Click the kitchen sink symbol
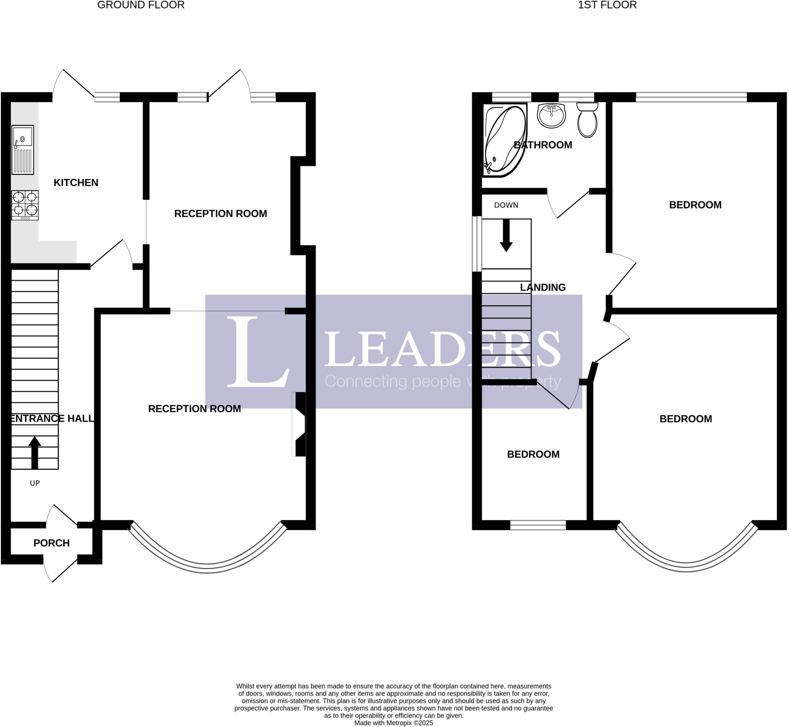tap(23, 150)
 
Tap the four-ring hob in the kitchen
tap(25, 205)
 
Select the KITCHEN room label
tap(76, 183)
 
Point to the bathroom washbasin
tap(551, 115)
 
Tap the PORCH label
tap(52, 543)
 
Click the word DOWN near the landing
tap(506, 205)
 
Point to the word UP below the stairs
tap(35, 483)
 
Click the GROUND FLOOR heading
tap(141, 5)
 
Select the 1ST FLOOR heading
tap(607, 5)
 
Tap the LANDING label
tap(543, 287)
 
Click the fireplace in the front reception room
tap(300, 424)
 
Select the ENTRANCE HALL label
tap(52, 418)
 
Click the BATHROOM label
tap(543, 145)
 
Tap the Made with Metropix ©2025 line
tap(393, 723)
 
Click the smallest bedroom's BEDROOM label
tap(533, 454)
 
